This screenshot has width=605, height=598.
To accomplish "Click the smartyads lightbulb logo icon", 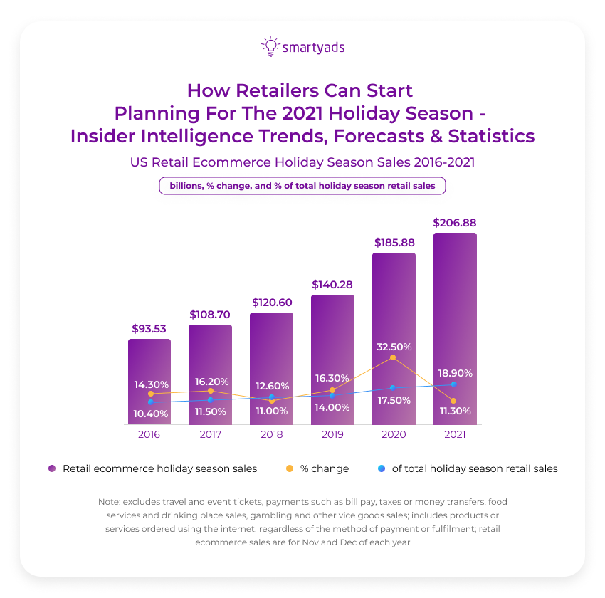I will [x=270, y=46].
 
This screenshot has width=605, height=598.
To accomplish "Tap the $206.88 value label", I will [x=455, y=223].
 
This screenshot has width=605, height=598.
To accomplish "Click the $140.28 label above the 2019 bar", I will [x=332, y=285].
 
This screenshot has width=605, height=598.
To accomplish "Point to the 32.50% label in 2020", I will [x=394, y=347].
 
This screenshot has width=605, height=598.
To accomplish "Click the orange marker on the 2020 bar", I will [x=393, y=357].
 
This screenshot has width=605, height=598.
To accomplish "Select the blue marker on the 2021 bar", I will [x=453, y=384].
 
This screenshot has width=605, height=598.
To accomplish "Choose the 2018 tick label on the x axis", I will [x=271, y=434].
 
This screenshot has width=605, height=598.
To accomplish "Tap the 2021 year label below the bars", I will [x=454, y=434].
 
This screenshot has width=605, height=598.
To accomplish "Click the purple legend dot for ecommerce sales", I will [x=52, y=468].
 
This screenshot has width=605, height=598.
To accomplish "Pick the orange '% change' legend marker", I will [x=290, y=468].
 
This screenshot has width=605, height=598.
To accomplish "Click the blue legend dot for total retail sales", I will [x=382, y=468].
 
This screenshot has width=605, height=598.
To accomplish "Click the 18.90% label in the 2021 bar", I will [x=455, y=373].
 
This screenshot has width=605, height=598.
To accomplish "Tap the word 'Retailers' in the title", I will [x=278, y=91].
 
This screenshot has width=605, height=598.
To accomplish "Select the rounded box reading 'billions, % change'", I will [x=302, y=186].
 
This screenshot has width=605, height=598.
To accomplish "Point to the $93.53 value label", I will [x=149, y=329].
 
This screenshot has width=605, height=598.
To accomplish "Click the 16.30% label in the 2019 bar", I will [x=332, y=378].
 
